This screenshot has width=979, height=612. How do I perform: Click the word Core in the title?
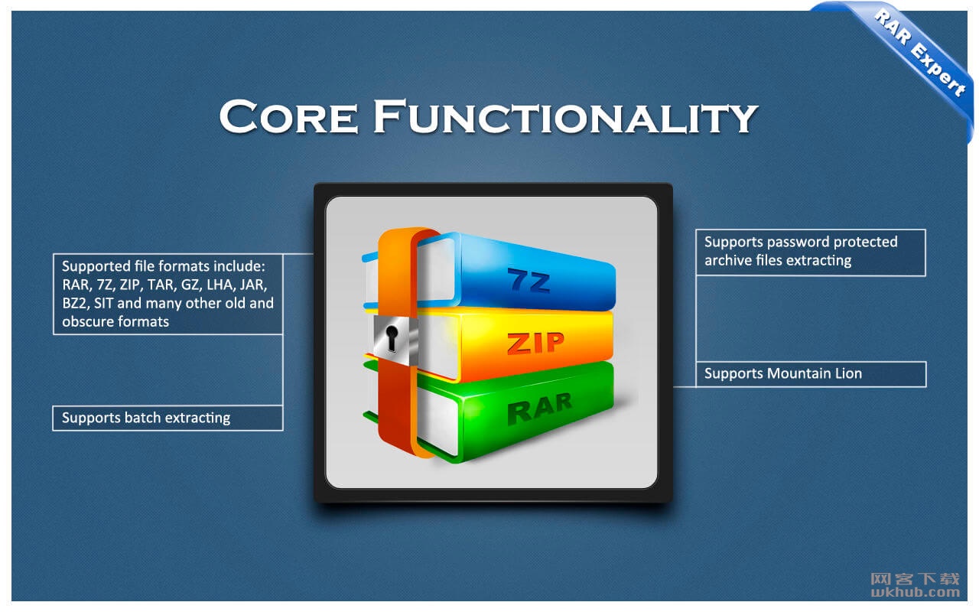coord(288,117)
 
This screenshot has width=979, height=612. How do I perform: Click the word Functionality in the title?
coord(565,117)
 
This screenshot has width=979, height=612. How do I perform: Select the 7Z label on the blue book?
coord(529,280)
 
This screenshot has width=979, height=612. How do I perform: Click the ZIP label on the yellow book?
coord(536,343)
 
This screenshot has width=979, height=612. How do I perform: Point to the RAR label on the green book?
coord(539,409)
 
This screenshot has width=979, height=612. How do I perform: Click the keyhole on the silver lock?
coord(392,338)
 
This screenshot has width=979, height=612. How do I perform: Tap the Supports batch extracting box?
coord(168,418)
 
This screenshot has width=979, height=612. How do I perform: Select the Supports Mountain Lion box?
coord(811,374)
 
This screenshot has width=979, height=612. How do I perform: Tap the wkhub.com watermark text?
coord(916,592)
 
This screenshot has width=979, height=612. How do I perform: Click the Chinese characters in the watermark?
coord(916,579)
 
